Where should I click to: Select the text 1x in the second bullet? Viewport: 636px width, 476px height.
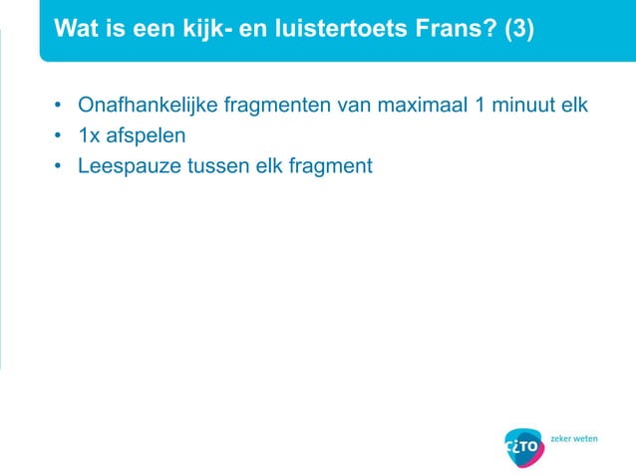(x=90, y=134)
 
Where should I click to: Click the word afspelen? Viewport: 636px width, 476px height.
(x=146, y=134)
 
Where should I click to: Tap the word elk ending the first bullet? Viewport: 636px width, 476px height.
(x=572, y=105)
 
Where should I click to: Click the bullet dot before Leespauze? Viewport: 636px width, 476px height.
(x=59, y=165)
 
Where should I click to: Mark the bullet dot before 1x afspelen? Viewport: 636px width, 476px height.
(x=59, y=134)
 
